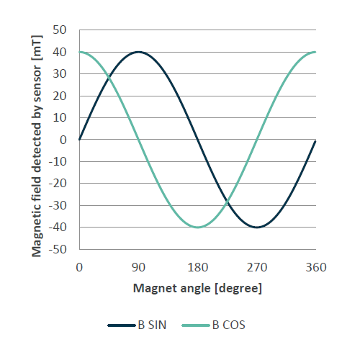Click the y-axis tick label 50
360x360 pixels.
click(x=60, y=30)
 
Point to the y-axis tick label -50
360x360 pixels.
click(x=58, y=249)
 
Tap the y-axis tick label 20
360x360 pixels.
click(x=60, y=96)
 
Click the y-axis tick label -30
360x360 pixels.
click(x=58, y=205)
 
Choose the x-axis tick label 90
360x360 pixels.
click(x=138, y=267)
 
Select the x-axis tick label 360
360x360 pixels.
click(x=316, y=267)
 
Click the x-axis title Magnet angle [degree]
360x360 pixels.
click(x=197, y=288)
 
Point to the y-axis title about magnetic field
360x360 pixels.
click(x=35, y=140)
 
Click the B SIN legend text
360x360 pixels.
click(x=153, y=325)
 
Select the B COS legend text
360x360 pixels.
click(x=229, y=325)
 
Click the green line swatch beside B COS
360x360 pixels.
click(x=197, y=325)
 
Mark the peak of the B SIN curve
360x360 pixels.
click(x=138, y=52)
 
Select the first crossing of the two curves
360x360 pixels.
click(x=109, y=78)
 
